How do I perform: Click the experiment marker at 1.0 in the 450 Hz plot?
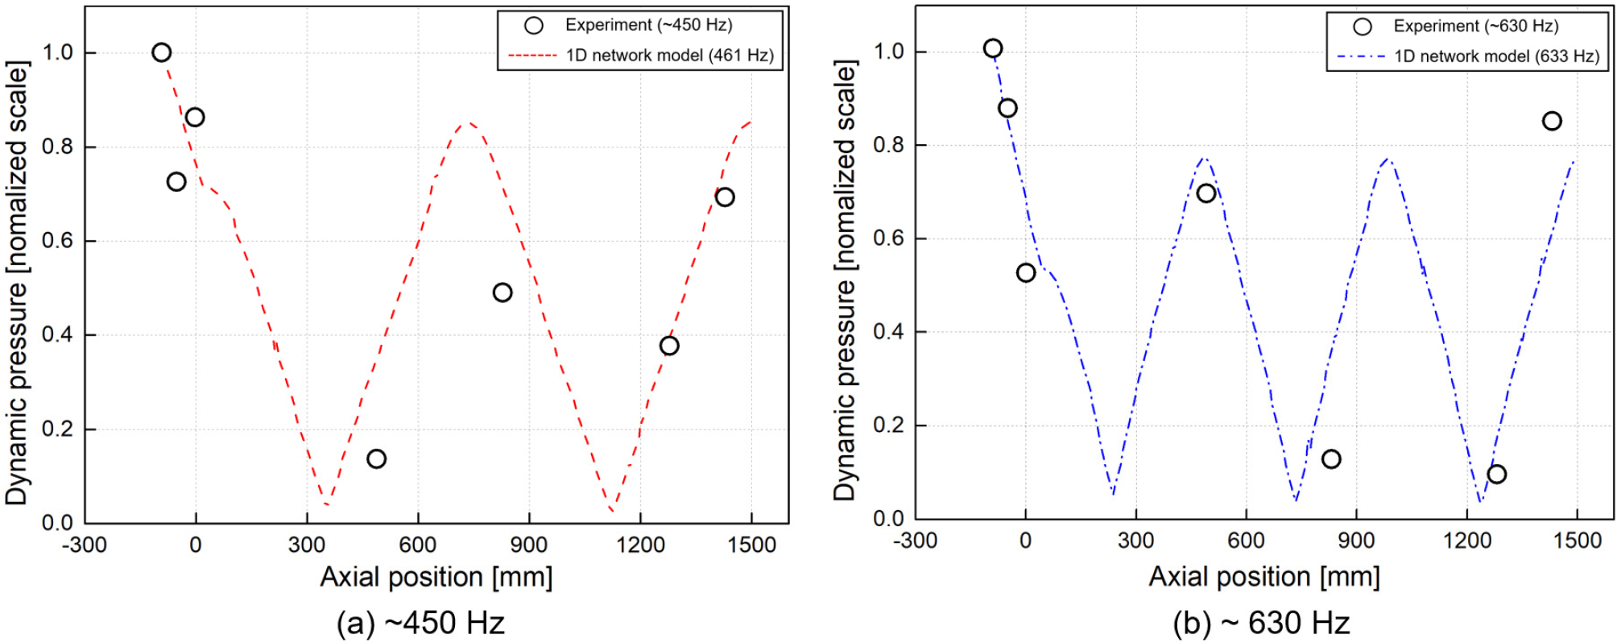[x=162, y=52]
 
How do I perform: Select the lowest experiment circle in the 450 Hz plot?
[x=376, y=458]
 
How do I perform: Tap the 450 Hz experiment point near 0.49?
[x=502, y=292]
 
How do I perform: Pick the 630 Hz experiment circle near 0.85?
[x=1552, y=121]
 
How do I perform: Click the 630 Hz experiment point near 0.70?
[x=1206, y=193]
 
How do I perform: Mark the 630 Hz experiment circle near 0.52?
[x=1026, y=272]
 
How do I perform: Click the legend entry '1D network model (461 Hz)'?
[x=669, y=56]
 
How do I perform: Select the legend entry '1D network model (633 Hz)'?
[x=1496, y=56]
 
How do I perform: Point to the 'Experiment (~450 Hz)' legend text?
[x=648, y=25]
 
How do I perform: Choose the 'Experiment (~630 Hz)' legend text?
[x=1476, y=26]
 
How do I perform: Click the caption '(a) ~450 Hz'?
[x=420, y=623]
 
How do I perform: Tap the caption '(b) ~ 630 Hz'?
[x=1261, y=623]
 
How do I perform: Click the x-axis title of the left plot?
[x=436, y=577]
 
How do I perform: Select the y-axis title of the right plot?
[x=845, y=282]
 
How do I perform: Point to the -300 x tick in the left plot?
[x=85, y=545]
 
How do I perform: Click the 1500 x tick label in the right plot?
[x=1577, y=540]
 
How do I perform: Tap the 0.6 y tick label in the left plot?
[x=57, y=241]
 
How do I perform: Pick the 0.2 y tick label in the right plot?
[x=888, y=425]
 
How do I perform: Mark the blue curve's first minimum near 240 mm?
[x=1113, y=492]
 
